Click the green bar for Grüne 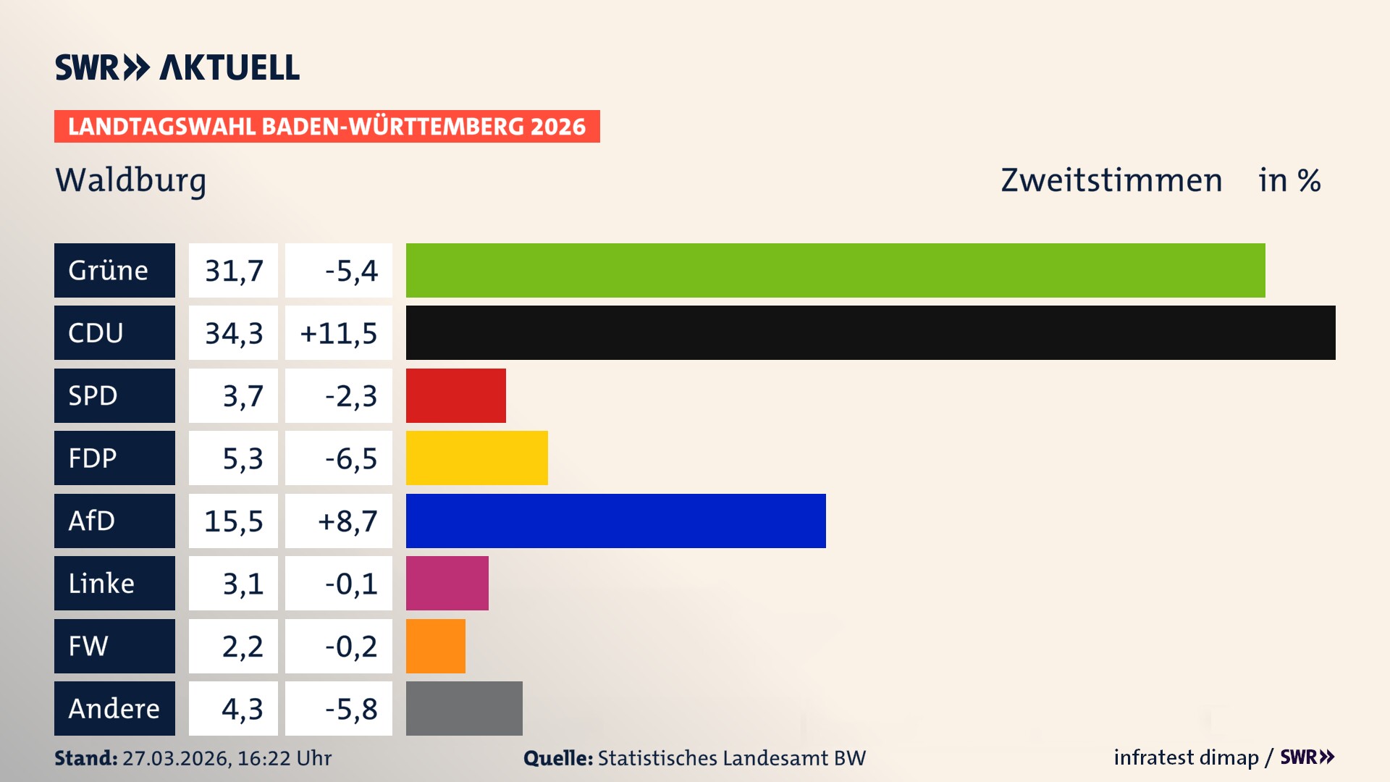(x=835, y=270)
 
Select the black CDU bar (x=870, y=332)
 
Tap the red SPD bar (x=455, y=395)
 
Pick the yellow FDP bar (x=476, y=458)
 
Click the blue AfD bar (x=615, y=521)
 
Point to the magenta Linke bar (x=447, y=583)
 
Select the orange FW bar (x=435, y=646)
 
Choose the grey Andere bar (x=464, y=708)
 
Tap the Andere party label (x=114, y=708)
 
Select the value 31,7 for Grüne (x=233, y=271)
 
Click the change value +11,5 (x=338, y=333)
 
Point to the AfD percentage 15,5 (x=233, y=521)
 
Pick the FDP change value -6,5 (x=350, y=458)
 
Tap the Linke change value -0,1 (x=350, y=584)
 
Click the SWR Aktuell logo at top (x=177, y=67)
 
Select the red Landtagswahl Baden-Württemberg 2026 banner (x=327, y=126)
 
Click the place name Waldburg (x=131, y=180)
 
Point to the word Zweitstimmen (x=1111, y=180)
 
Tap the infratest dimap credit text (x=1185, y=757)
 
